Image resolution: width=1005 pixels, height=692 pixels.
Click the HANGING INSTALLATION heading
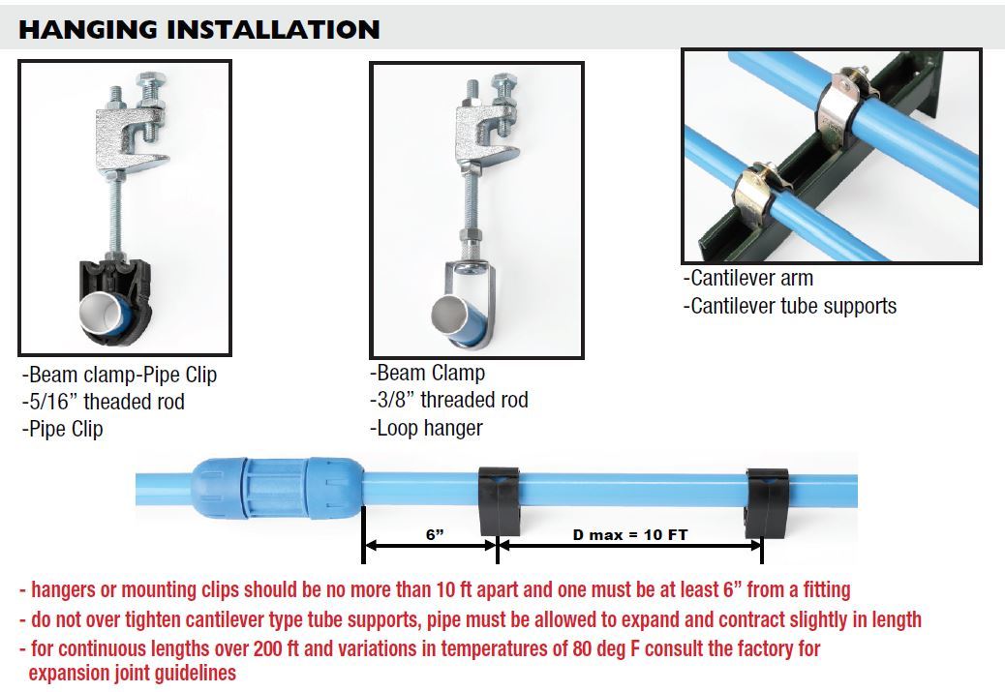pyautogui.click(x=199, y=29)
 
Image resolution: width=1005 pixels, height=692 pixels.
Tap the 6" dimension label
pyautogui.click(x=435, y=534)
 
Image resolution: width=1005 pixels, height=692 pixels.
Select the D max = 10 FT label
pyautogui.click(x=630, y=534)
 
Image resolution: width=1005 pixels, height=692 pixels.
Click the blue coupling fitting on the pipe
pyautogui.click(x=277, y=488)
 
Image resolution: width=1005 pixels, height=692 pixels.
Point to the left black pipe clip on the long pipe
pyautogui.click(x=500, y=501)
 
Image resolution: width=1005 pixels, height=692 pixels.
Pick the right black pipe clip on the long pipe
pyautogui.click(x=767, y=503)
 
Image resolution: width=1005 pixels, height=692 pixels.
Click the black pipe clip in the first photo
pyautogui.click(x=115, y=300)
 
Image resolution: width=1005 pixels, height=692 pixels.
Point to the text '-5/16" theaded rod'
pyautogui.click(x=104, y=402)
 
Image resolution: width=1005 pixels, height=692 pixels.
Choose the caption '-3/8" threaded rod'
pyautogui.click(x=449, y=400)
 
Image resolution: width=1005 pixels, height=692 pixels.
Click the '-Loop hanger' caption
pyautogui.click(x=426, y=428)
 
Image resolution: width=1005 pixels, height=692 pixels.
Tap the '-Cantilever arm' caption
pyautogui.click(x=748, y=278)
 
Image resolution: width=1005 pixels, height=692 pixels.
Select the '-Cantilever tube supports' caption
pyautogui.click(x=790, y=306)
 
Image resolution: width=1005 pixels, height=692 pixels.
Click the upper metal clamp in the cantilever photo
pyautogui.click(x=845, y=105)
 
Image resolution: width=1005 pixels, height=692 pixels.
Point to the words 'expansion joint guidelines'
pyautogui.click(x=133, y=673)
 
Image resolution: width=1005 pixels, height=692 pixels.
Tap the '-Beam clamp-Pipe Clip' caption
pyautogui.click(x=119, y=375)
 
